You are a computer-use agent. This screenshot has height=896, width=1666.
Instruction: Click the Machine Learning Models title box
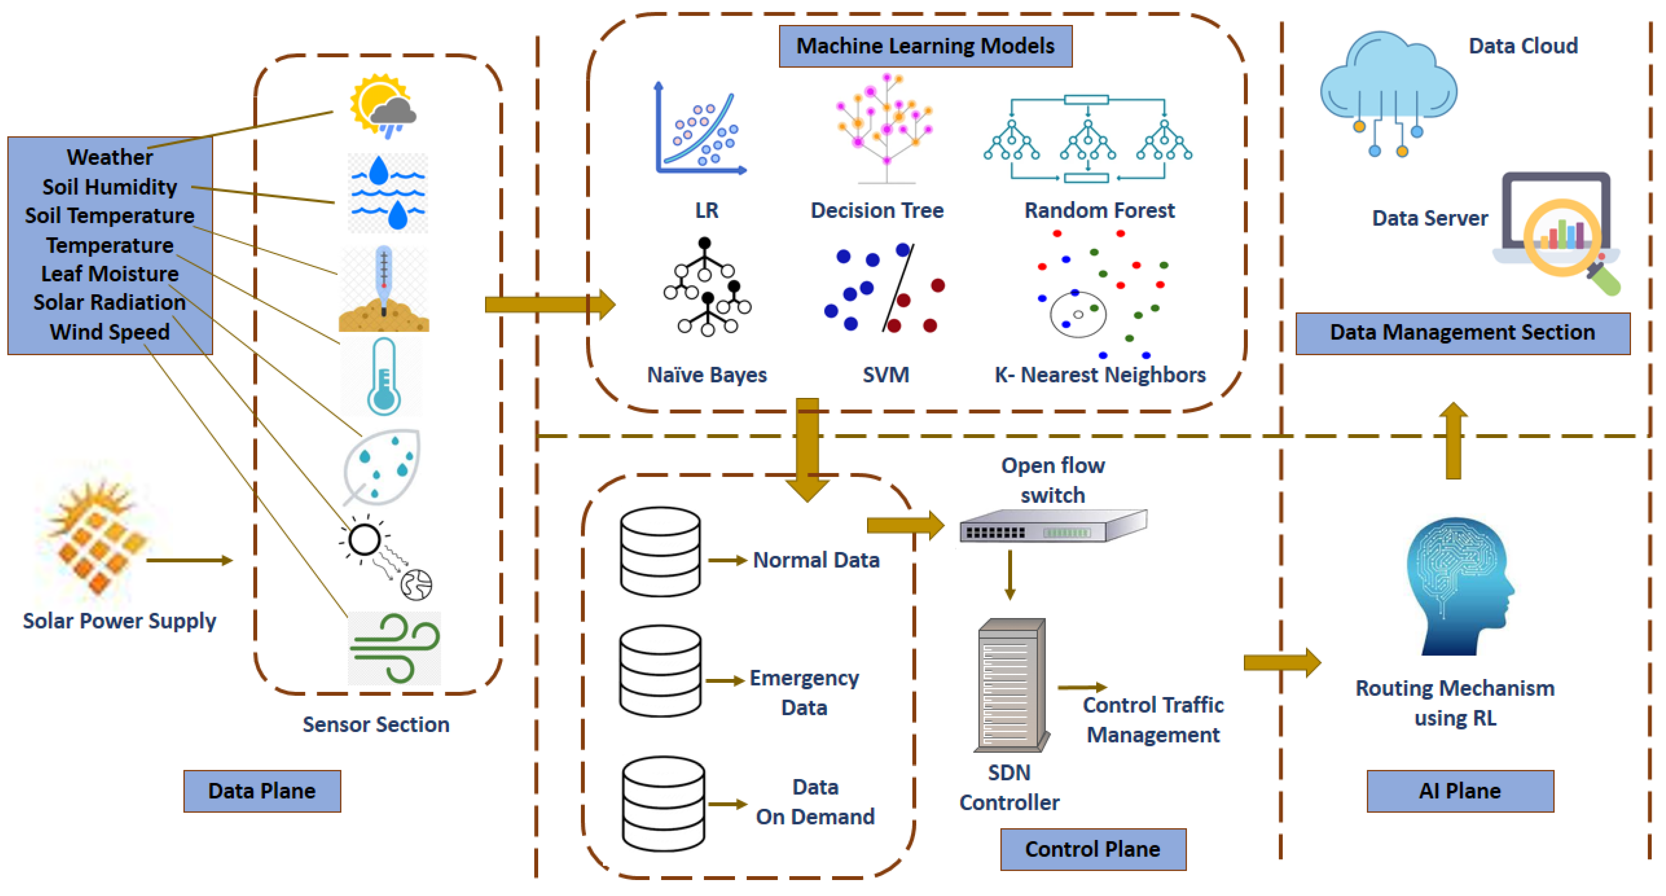[x=925, y=46]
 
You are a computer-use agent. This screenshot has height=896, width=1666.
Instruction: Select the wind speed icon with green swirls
[x=394, y=648]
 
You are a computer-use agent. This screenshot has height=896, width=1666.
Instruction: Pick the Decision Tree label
[x=877, y=210]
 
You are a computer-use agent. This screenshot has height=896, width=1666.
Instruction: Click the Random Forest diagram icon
[x=1088, y=139]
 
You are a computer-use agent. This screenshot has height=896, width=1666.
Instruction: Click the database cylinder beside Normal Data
[x=660, y=551]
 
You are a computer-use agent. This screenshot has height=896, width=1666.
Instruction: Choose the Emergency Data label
[x=804, y=692]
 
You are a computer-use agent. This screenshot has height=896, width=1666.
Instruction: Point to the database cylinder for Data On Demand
[x=663, y=804]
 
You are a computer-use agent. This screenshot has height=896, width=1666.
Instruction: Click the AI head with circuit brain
[x=1458, y=585]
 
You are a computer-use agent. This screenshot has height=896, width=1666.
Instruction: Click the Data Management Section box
[x=1462, y=332]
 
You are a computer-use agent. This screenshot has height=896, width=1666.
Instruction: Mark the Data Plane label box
[x=262, y=790]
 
